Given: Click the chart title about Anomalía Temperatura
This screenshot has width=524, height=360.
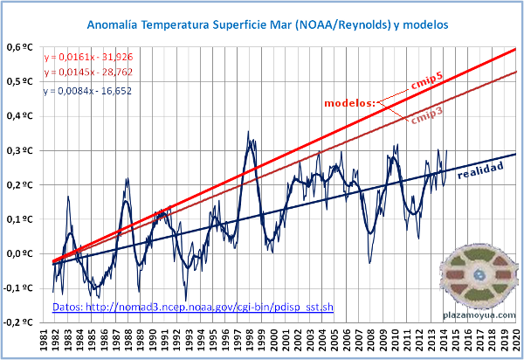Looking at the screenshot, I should [x=268, y=26].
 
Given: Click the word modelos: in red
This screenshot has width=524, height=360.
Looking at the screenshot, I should [x=349, y=104].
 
